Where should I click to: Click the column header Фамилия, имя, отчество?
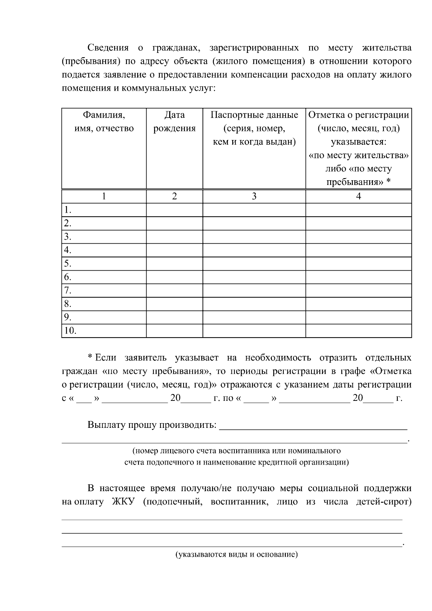(x=104, y=122)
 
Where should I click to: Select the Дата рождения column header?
(x=174, y=122)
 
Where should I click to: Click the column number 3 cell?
(x=254, y=196)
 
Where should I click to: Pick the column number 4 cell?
(x=359, y=196)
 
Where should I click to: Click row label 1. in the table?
(x=67, y=210)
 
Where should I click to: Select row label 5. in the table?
(x=67, y=264)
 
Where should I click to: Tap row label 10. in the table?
(x=70, y=331)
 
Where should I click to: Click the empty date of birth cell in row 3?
(x=174, y=237)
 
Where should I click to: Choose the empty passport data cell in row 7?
(x=254, y=290)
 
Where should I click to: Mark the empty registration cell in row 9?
(x=359, y=317)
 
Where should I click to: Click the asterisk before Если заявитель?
(x=90, y=357)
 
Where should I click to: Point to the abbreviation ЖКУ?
(x=123, y=502)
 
